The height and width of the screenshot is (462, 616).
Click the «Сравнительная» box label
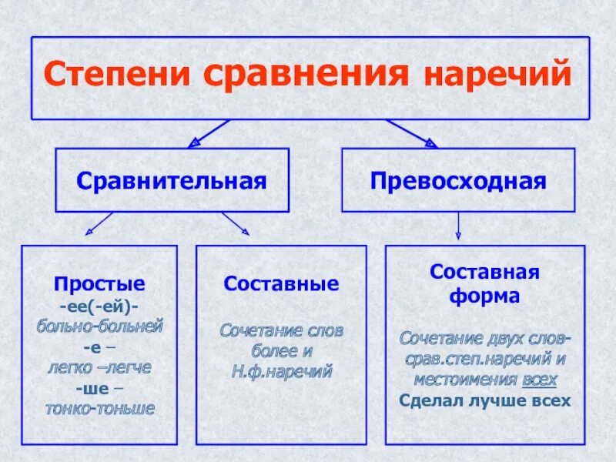[172, 182]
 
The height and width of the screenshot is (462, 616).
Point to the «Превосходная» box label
[458, 182]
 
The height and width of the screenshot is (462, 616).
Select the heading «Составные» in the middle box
[281, 284]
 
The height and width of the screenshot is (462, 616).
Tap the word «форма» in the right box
[485, 296]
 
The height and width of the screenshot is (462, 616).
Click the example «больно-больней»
[99, 326]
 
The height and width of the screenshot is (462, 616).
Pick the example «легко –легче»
[99, 367]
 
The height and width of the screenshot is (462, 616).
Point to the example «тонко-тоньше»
[99, 408]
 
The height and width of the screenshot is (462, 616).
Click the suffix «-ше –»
[99, 387]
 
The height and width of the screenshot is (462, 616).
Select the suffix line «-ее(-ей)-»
[99, 306]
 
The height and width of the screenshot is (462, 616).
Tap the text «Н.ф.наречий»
[281, 370]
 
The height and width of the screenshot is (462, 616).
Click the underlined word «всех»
[539, 380]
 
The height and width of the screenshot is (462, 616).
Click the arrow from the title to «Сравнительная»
[209, 132]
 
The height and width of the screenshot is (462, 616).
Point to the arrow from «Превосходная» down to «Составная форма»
[458, 226]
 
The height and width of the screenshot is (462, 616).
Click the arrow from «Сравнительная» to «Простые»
[99, 224]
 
